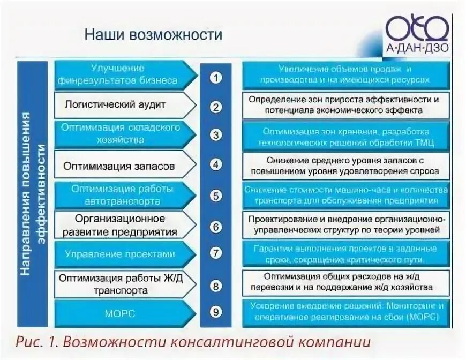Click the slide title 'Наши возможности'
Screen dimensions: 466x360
click(153, 36)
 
